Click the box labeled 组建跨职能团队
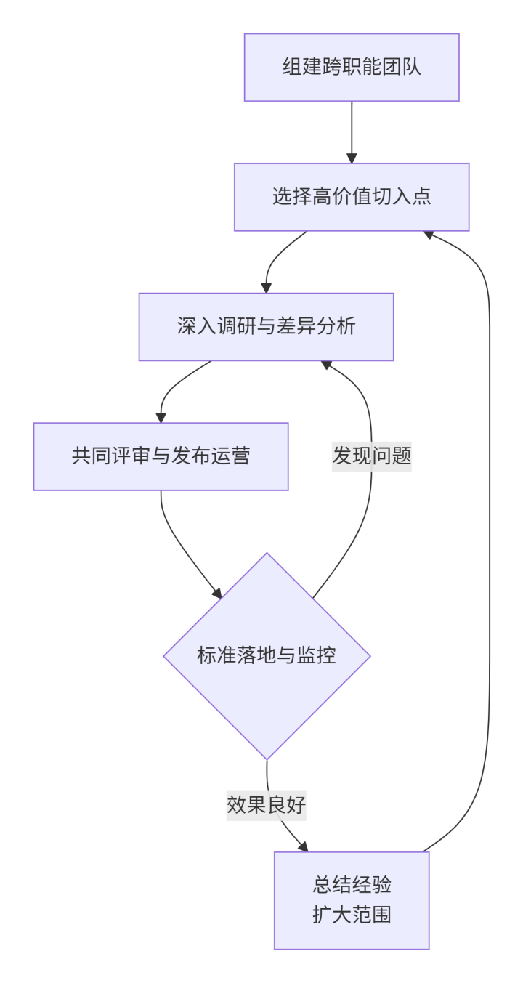[352, 67]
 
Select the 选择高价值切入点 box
[352, 197]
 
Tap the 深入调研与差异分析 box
[266, 326]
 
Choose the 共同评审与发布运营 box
[161, 456]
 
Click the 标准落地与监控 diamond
[267, 656]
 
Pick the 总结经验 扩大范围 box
[352, 900]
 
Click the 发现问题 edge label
[372, 456]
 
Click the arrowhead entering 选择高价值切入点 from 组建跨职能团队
[352, 158]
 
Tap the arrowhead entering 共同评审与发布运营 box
[161, 418]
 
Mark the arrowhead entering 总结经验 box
[303, 847]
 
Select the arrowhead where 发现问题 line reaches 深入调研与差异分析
[326, 364]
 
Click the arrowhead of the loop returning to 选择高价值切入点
[429, 234]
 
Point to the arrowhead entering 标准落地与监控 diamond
[216, 592]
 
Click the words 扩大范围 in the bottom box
[352, 913]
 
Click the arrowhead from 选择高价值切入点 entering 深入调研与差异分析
[267, 288]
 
